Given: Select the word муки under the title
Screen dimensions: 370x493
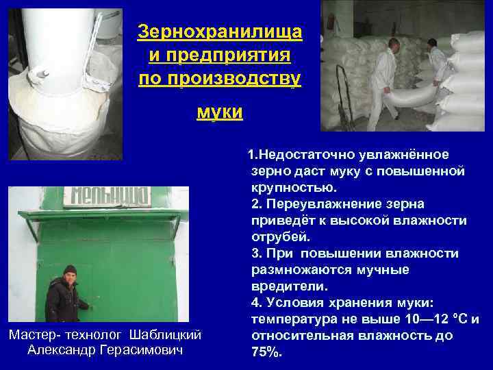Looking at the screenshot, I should pos(218,111).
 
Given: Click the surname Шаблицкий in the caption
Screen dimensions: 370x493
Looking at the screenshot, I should pos(168,334).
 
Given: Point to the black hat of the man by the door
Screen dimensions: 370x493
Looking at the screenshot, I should pos(69,270).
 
